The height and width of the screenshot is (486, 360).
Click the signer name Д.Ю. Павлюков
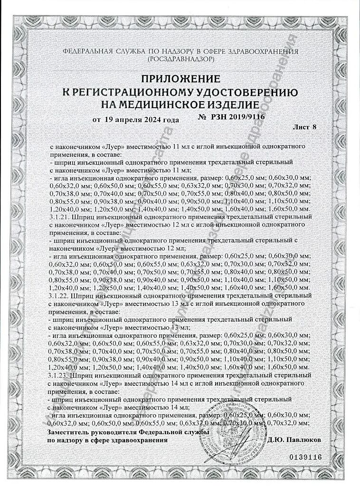point(294,440)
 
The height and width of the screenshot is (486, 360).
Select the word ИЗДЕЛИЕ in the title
point(229,104)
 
